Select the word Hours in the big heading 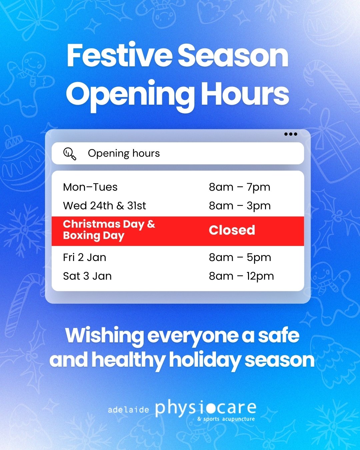245,94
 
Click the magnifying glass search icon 70,154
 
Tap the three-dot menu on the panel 291,134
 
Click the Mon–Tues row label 90,187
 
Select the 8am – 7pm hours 240,187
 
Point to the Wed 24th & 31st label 104,206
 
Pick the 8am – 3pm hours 240,206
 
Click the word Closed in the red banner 232,230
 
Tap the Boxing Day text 94,236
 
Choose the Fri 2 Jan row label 85,257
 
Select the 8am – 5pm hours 240,257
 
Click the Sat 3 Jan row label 87,276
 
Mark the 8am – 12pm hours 241,276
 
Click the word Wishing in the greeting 104,336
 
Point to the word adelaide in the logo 128,409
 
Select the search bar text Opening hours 124,153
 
